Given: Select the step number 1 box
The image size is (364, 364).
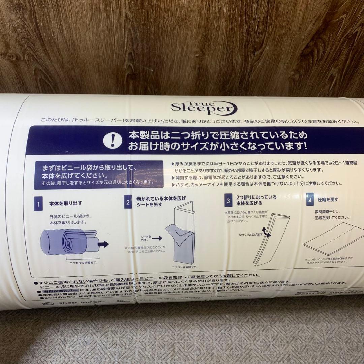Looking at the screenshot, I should pos(38,204).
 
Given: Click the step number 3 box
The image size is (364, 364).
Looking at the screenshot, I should pos(229,201).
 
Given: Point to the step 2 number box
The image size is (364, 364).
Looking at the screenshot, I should pos(128,202).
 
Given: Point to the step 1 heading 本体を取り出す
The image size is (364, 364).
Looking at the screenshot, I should pos(65,203).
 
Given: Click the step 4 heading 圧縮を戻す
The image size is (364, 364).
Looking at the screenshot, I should pos(328,199).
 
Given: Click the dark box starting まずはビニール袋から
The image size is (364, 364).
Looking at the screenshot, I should pos(99,175).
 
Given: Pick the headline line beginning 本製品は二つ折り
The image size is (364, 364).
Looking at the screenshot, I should pos(218,135).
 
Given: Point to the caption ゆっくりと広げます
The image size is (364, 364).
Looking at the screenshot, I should pos(250,234).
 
